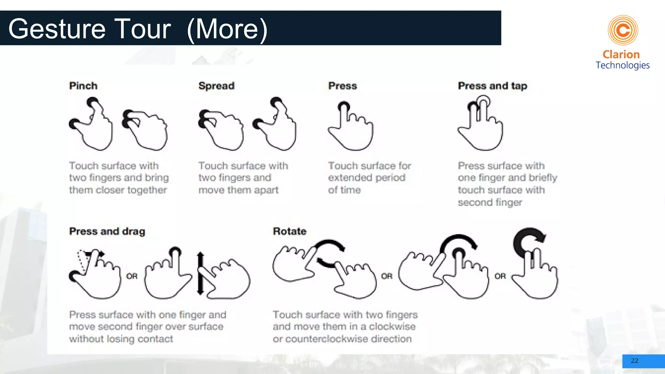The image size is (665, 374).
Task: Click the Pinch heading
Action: tap(83, 86)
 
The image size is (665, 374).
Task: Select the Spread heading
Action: tap(216, 86)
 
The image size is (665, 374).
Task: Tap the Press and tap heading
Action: tap(492, 86)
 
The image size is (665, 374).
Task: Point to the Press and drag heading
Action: tap(107, 231)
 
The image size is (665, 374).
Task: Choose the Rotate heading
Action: tap(290, 231)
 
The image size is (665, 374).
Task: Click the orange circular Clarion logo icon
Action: tap(623, 31)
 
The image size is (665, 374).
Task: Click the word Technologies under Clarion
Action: tap(622, 65)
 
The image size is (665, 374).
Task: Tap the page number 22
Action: tap(634, 361)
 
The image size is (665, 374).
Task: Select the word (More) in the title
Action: tap(227, 29)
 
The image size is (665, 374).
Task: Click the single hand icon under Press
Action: tap(351, 127)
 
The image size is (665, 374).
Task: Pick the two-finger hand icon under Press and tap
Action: tap(481, 125)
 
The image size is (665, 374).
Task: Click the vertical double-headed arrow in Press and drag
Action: tap(200, 273)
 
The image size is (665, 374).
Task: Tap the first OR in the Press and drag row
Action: tap(132, 276)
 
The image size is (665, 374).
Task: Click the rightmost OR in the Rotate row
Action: tap(500, 276)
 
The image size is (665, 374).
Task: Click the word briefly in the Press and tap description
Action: tap(543, 178)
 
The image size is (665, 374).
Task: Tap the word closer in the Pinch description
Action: tap(110, 190)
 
